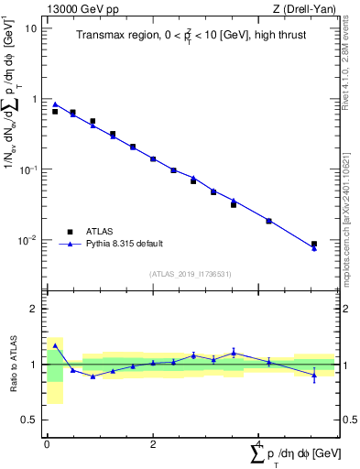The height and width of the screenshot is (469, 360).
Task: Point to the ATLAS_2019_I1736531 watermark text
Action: coord(191,274)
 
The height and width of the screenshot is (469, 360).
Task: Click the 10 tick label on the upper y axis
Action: coord(31,27)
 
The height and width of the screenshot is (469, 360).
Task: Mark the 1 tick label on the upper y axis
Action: coord(34,99)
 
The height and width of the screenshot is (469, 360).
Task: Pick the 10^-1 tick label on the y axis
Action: coord(29,169)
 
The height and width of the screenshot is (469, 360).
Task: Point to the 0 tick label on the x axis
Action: coord(47,444)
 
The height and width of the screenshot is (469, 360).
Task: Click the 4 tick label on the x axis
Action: coord(258,444)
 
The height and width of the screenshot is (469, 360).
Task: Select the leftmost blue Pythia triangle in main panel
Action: coord(55,104)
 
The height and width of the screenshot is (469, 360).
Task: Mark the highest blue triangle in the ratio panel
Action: coord(55,345)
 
